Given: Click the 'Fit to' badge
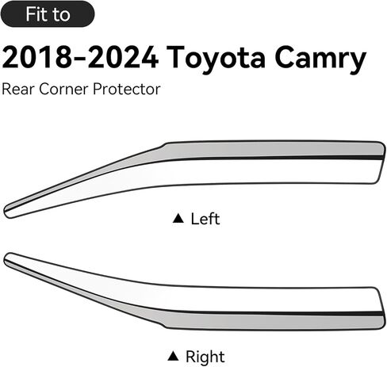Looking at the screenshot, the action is pos(48,13).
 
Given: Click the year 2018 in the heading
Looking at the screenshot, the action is pos(36,57).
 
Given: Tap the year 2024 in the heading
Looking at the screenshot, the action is pos(123,57).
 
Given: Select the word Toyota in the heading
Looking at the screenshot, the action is pos(216,59).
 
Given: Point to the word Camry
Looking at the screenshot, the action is pos(320,59).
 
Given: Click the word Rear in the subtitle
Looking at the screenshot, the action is pos(18,89).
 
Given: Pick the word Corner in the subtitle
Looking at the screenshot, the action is pos(63,89).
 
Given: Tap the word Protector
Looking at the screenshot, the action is pos(127,89).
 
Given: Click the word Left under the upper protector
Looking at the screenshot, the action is pos(205,219).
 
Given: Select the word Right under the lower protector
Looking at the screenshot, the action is pos(205,357).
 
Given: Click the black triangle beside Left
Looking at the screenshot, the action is pos(178,218).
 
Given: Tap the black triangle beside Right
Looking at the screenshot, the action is pos(173,356).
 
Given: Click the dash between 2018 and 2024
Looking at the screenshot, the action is pos(80,59).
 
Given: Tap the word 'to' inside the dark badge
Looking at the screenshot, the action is pos(61,14).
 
